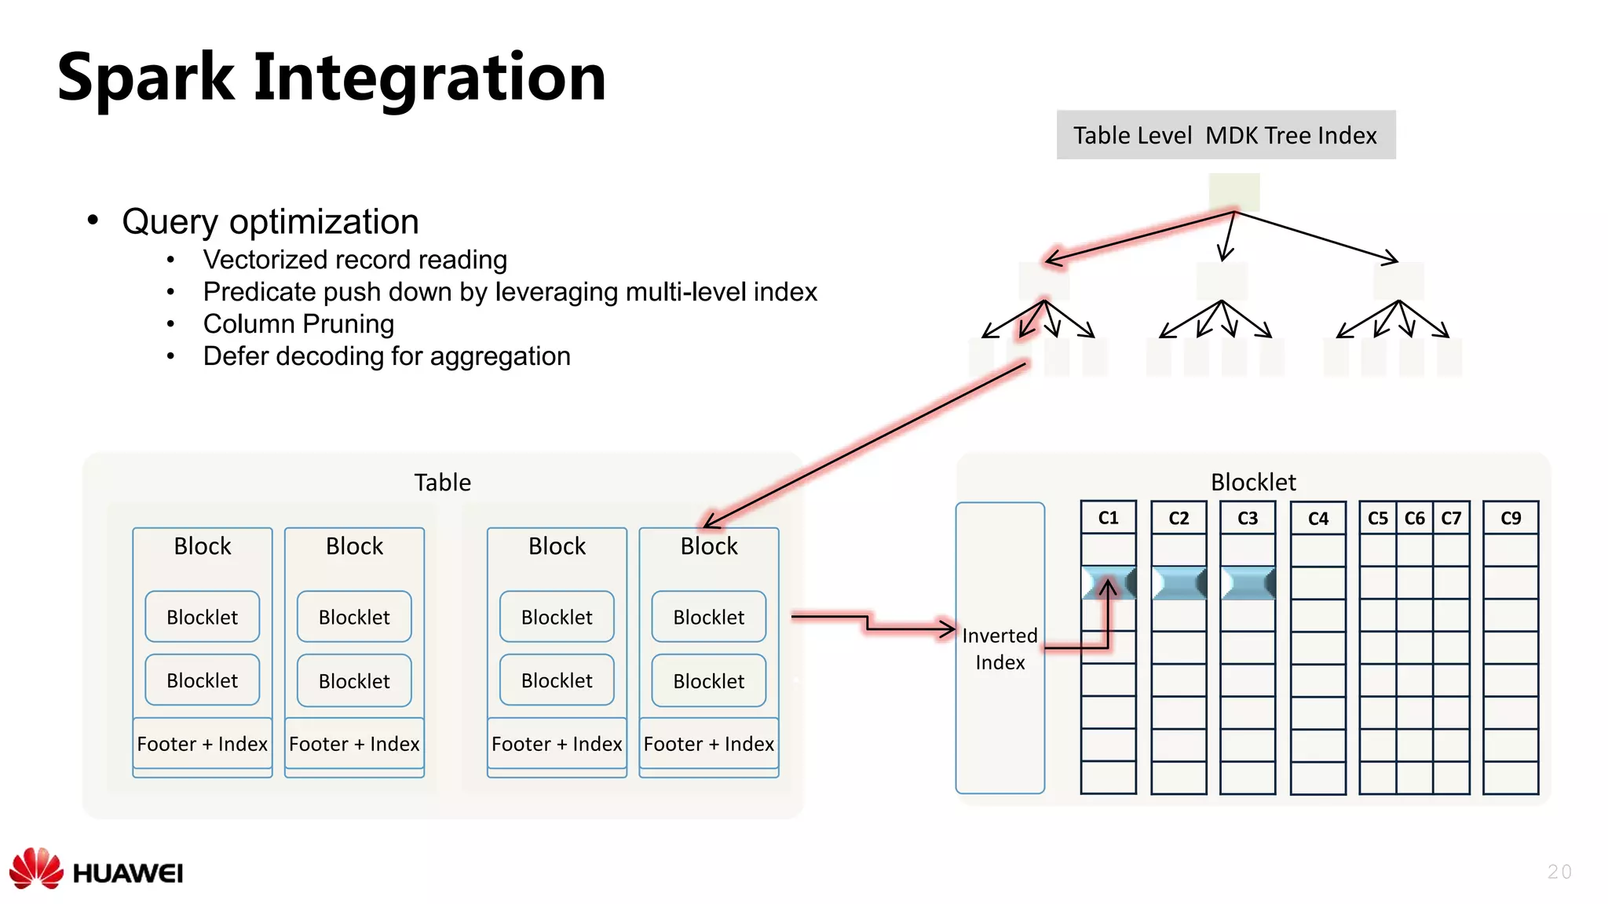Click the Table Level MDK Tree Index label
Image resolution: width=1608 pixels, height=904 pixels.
1225,135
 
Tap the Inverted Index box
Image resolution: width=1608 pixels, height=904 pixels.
1000,648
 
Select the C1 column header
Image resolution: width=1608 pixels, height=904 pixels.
1108,518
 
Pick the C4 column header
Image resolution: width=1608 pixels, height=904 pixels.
1318,519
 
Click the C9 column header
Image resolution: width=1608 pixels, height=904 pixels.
1511,519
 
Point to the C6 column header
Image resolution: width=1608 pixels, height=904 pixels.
1415,519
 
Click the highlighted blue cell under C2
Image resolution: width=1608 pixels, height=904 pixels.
1179,583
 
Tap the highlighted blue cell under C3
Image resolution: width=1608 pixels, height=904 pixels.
1248,583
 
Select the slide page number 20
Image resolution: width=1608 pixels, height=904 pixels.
1559,872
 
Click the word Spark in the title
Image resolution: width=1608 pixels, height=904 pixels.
146,78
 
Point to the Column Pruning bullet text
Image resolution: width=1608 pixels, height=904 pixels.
298,324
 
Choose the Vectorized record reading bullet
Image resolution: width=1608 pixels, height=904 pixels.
355,260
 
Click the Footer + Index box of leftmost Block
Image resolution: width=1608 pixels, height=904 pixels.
203,744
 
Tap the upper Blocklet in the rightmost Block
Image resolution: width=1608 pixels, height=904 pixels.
709,617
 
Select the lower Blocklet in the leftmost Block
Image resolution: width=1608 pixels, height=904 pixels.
203,680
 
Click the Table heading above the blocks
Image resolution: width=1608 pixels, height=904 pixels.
443,482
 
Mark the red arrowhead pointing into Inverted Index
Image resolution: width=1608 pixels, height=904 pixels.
947,629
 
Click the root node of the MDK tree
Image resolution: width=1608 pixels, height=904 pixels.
1234,192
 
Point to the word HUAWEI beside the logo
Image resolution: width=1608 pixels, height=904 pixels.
128,873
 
